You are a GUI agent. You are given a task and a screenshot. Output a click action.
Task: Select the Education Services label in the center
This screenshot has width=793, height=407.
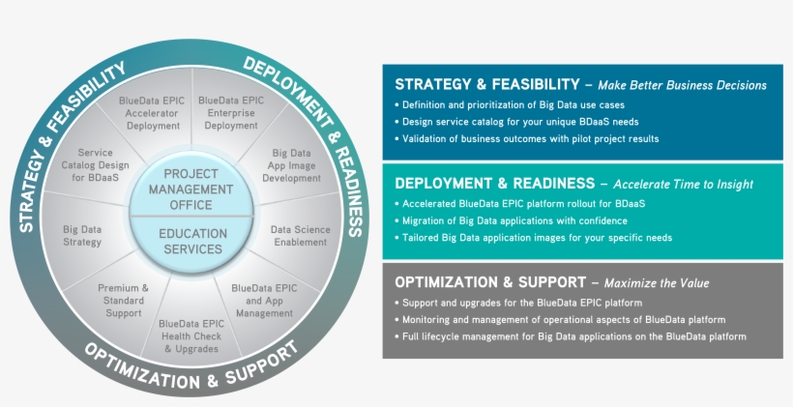(192, 241)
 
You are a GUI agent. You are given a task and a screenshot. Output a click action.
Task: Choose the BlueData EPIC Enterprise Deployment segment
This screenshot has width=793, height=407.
(230, 112)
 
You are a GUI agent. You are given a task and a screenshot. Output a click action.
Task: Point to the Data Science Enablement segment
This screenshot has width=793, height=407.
(300, 236)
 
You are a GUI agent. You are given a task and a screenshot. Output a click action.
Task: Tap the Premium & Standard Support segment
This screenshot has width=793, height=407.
(123, 301)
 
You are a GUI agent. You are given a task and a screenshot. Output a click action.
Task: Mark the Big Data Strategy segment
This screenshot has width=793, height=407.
(82, 236)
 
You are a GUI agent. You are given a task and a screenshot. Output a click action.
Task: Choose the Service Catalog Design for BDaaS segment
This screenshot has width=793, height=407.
(95, 165)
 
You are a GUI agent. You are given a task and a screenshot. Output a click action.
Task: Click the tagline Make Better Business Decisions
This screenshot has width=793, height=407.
(682, 85)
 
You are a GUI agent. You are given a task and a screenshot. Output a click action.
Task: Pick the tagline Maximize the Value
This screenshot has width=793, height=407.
(657, 283)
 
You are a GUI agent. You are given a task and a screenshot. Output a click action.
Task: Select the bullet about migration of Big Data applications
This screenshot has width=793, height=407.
(515, 220)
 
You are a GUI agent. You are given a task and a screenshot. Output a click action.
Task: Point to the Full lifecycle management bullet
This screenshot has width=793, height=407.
(571, 336)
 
